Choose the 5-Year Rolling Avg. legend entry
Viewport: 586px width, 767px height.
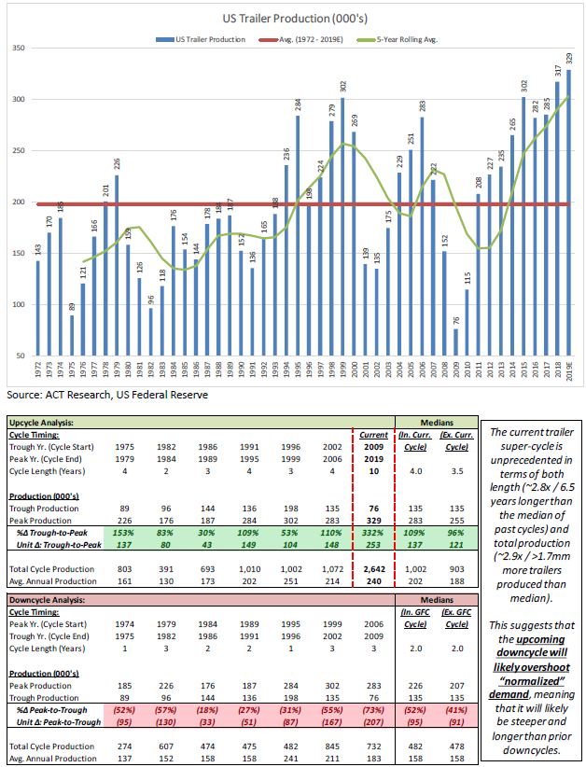click(406, 40)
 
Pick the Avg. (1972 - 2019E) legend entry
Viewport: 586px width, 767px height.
click(304, 40)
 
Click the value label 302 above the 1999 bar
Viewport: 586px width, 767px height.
click(342, 86)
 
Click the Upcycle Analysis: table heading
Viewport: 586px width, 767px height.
click(49, 422)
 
